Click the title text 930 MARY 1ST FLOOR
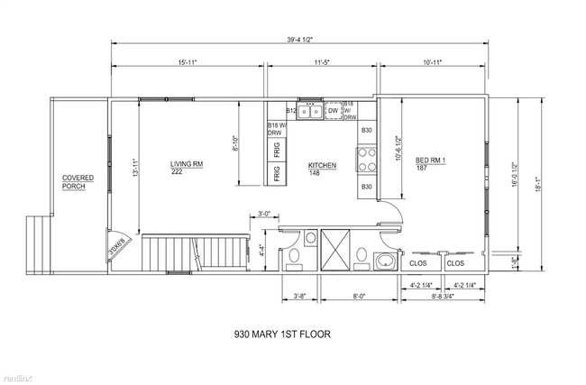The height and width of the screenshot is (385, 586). [281, 334]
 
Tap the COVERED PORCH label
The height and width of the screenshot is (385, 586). [78, 183]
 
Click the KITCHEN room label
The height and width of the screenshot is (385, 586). [322, 169]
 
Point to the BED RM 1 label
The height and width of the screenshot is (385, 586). [431, 164]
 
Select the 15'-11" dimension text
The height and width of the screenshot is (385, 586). [188, 63]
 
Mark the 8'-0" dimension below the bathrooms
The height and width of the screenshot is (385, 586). [359, 295]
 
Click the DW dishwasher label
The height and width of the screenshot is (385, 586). [333, 111]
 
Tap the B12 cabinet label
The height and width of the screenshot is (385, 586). [291, 111]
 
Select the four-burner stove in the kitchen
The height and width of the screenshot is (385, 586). [367, 160]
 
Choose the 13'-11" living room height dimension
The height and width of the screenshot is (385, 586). [135, 169]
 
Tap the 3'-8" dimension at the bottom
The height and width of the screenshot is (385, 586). [299, 295]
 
